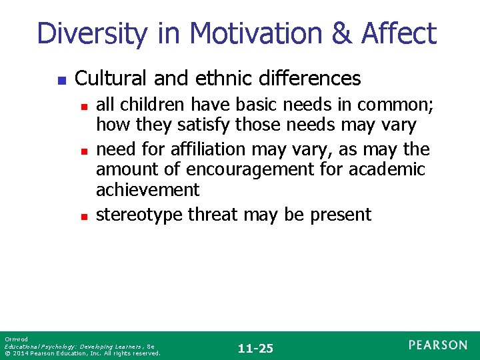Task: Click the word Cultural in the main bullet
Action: coord(111,79)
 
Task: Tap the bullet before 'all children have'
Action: coord(83,105)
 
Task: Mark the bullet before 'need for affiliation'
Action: coord(83,150)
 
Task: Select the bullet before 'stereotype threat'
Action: coord(83,216)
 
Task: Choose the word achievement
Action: coord(147,191)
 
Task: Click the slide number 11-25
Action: coord(256,348)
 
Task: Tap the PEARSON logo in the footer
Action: coord(438,345)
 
